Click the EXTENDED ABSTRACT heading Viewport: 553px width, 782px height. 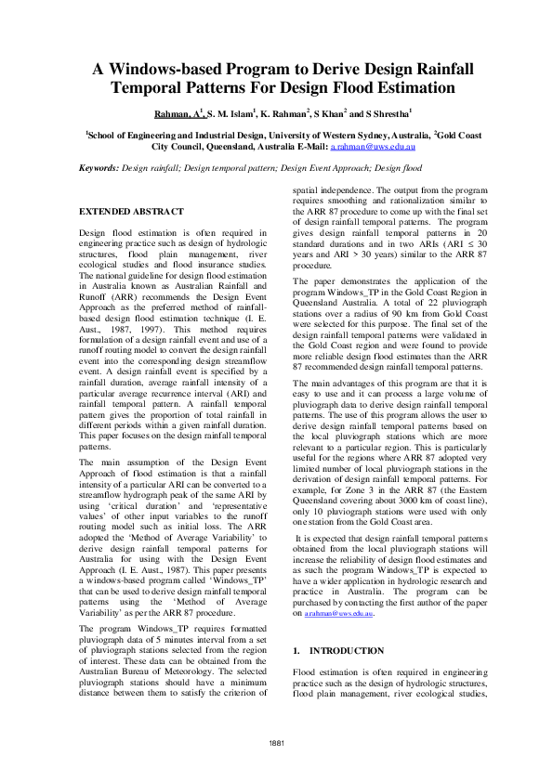point(131,212)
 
